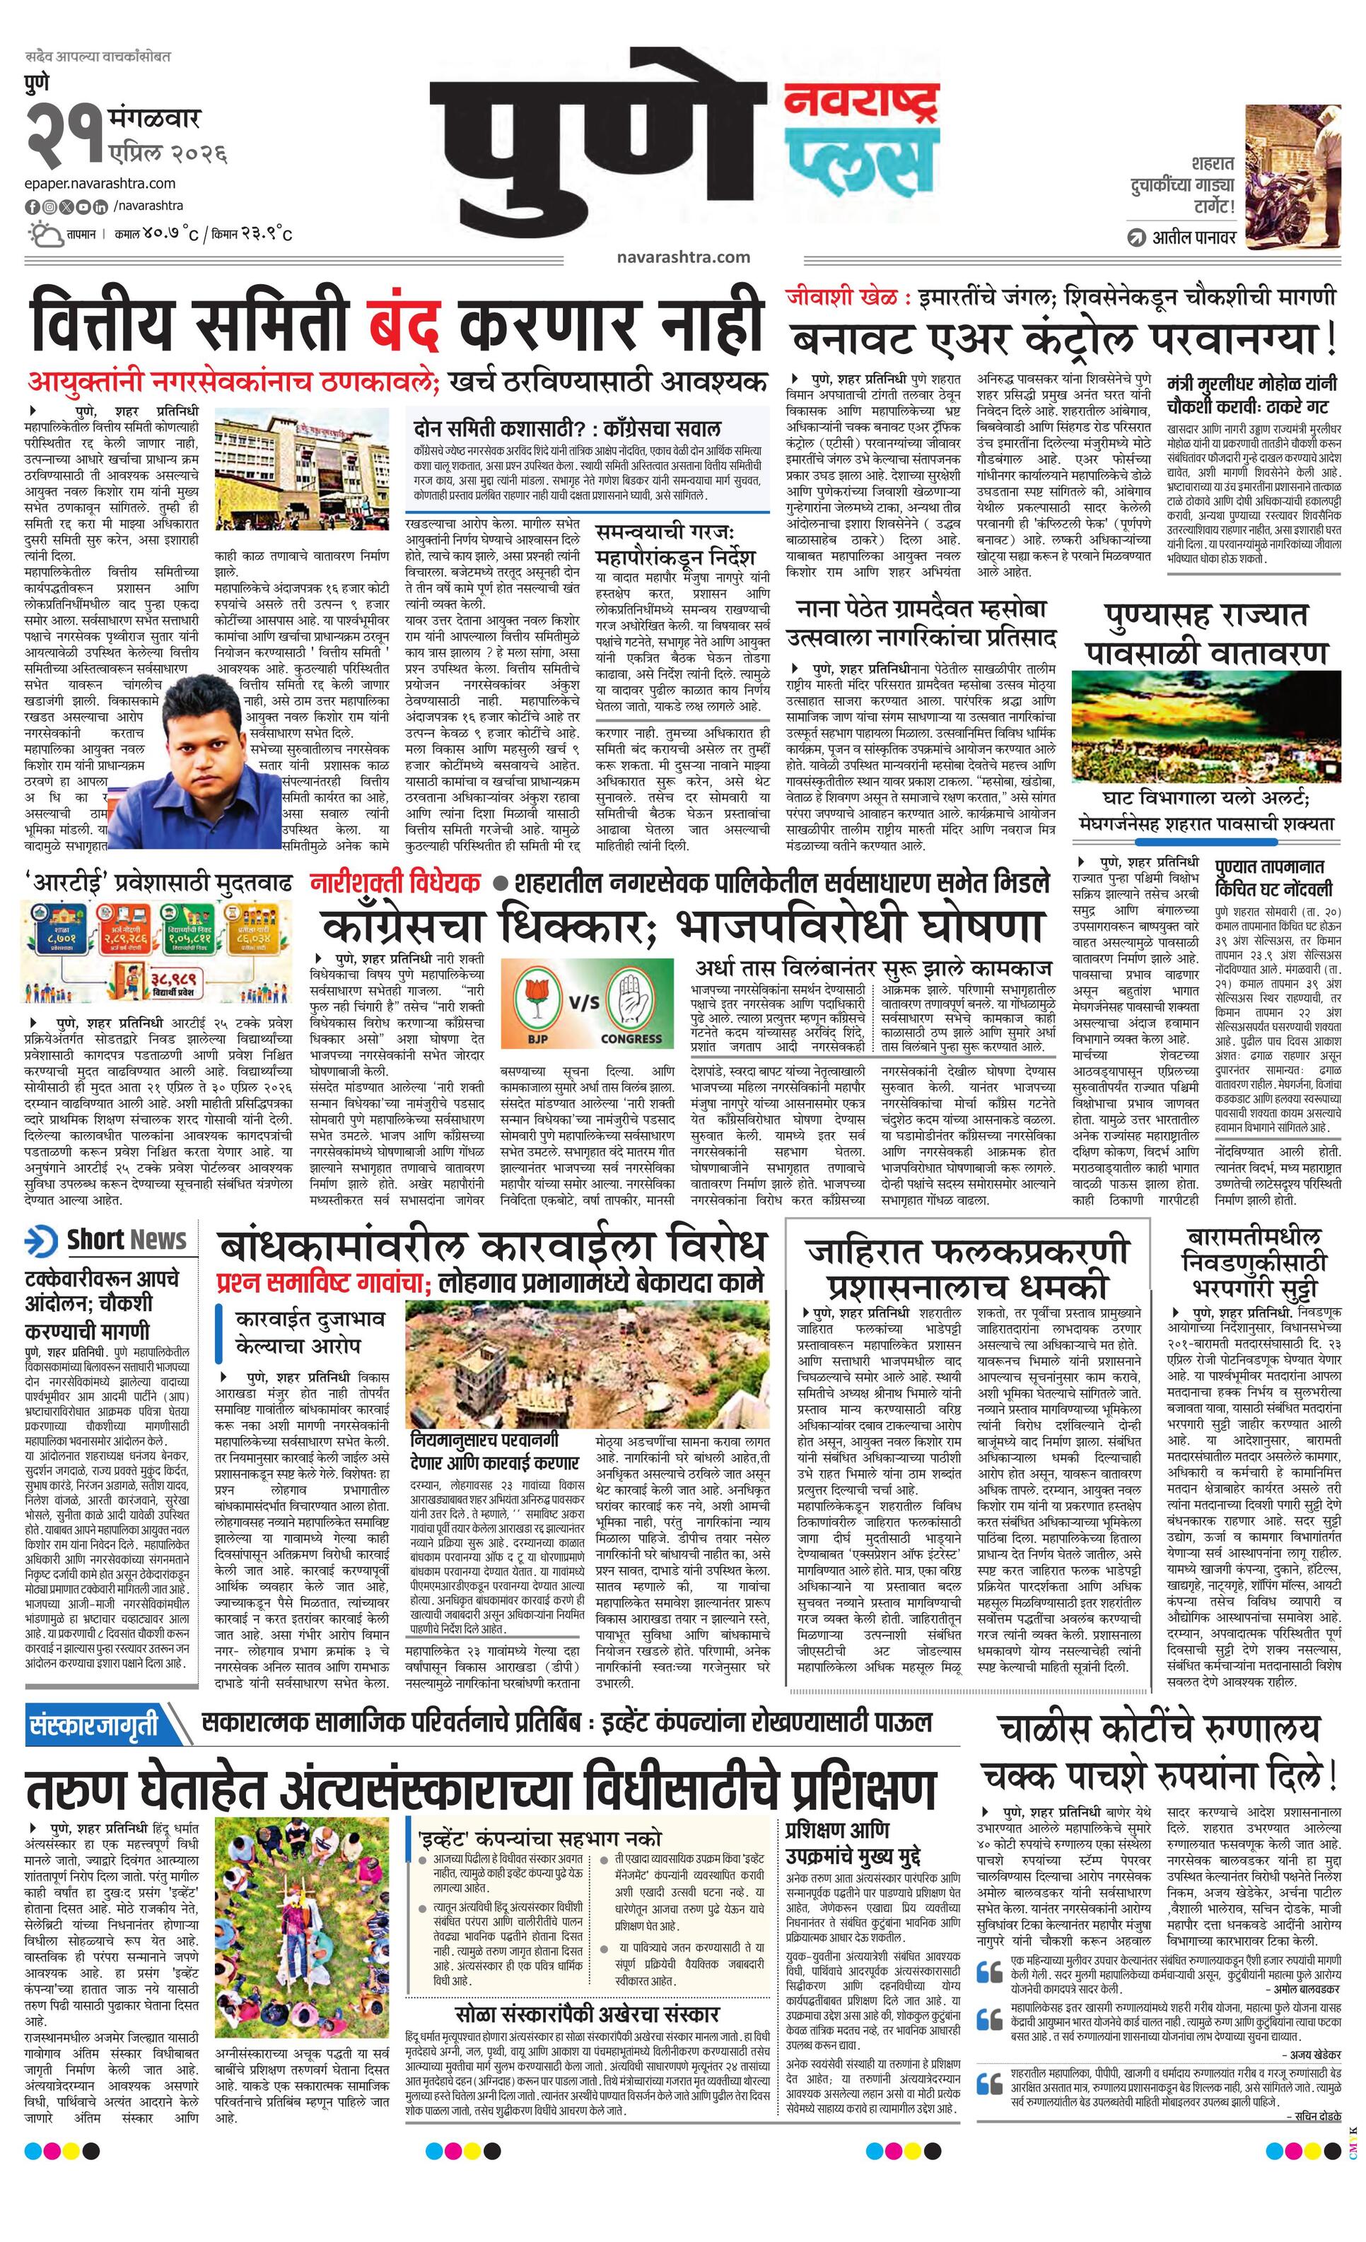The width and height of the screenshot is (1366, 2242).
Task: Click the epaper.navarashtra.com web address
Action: pyautogui.click(x=100, y=183)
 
